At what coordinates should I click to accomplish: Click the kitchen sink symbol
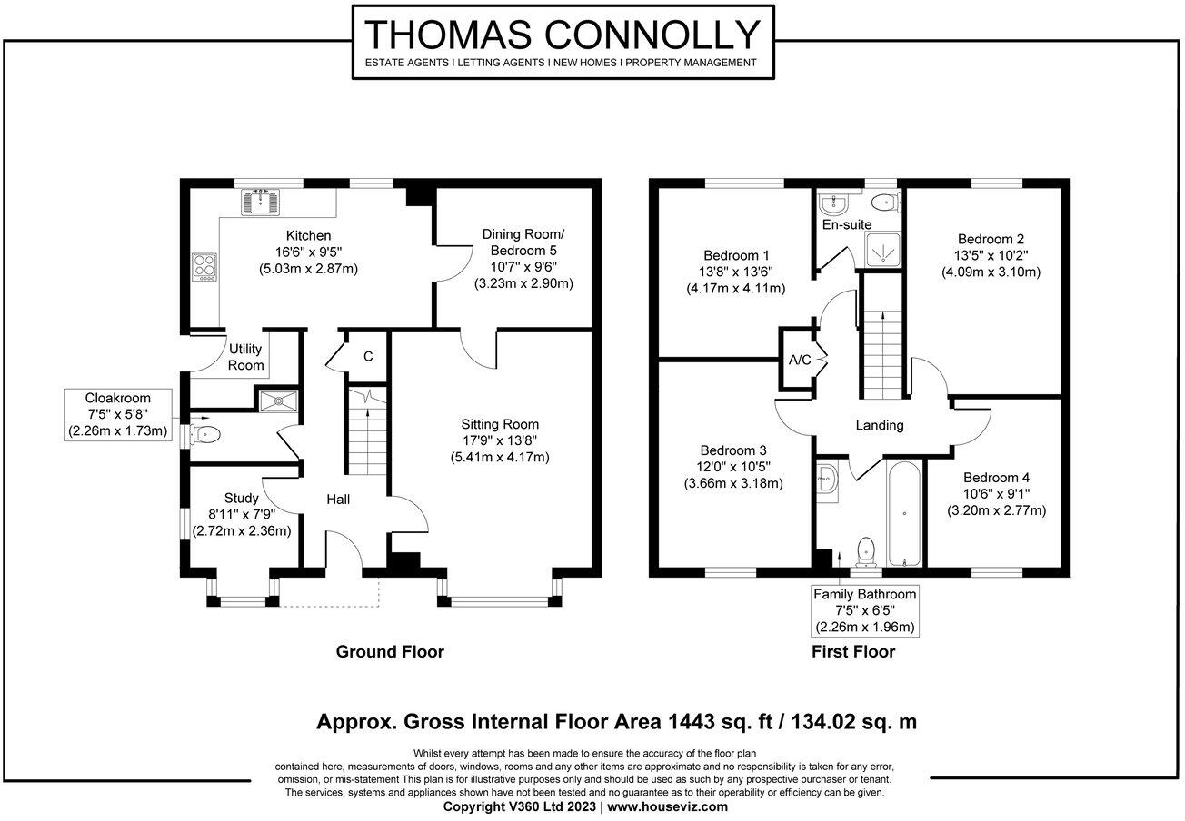coord(260,202)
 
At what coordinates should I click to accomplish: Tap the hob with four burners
coord(204,267)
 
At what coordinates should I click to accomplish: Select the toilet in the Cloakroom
coord(205,435)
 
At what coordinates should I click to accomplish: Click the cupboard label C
coord(368,356)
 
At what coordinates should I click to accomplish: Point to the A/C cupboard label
coord(800,360)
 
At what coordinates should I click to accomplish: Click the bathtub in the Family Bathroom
coord(904,514)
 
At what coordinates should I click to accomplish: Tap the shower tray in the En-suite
coord(882,250)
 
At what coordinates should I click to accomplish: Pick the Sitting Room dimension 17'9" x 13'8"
coord(500,440)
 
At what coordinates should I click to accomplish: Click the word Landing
coord(880,425)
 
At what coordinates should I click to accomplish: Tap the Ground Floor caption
coord(390,651)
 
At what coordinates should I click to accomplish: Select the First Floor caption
coord(853,651)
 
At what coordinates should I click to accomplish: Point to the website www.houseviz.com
coord(668,806)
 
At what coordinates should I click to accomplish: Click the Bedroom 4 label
coord(996,478)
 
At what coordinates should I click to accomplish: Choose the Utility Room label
coord(245,357)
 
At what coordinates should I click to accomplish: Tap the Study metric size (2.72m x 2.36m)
coord(241,530)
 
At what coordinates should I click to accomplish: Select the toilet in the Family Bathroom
coord(866,551)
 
